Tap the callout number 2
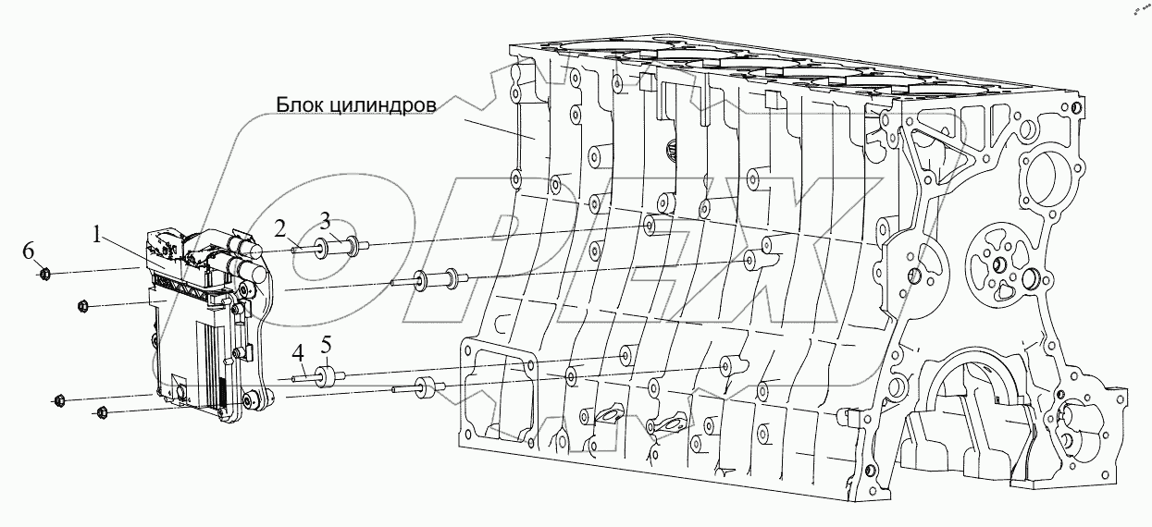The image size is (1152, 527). [279, 227]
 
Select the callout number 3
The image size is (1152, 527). [325, 219]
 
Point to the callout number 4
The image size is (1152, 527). [298, 353]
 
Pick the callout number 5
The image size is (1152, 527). [326, 349]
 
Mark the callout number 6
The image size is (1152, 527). [29, 250]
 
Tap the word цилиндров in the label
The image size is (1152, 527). [390, 104]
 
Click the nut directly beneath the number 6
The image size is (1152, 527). [44, 273]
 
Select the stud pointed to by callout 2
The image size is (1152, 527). [301, 248]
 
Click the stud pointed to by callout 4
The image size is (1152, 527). [302, 377]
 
